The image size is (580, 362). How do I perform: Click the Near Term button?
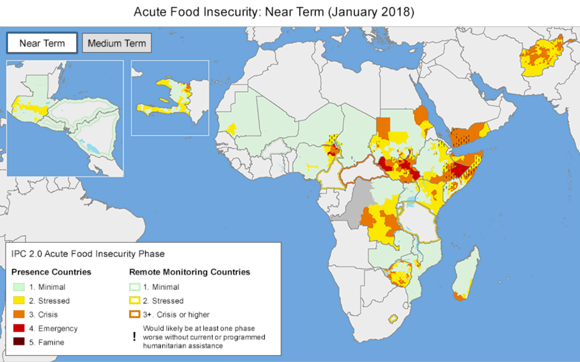point(42,43)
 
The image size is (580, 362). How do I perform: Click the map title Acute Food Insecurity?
point(274,12)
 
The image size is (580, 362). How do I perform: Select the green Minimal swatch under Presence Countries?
point(18,287)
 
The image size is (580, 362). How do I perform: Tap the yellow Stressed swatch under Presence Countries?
point(18,301)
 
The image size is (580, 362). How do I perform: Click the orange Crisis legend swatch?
point(18,314)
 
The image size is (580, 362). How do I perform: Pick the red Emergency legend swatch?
point(18,329)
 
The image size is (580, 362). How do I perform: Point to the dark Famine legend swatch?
point(18,342)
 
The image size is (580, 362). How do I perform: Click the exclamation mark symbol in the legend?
point(134,337)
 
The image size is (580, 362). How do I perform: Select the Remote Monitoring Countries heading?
point(189,272)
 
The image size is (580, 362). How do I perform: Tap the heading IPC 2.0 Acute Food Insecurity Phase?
point(88,254)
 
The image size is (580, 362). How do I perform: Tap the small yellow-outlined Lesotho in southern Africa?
point(392,319)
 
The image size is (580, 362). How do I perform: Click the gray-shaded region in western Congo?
point(357,202)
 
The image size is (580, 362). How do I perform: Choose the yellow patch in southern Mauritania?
point(232,128)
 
